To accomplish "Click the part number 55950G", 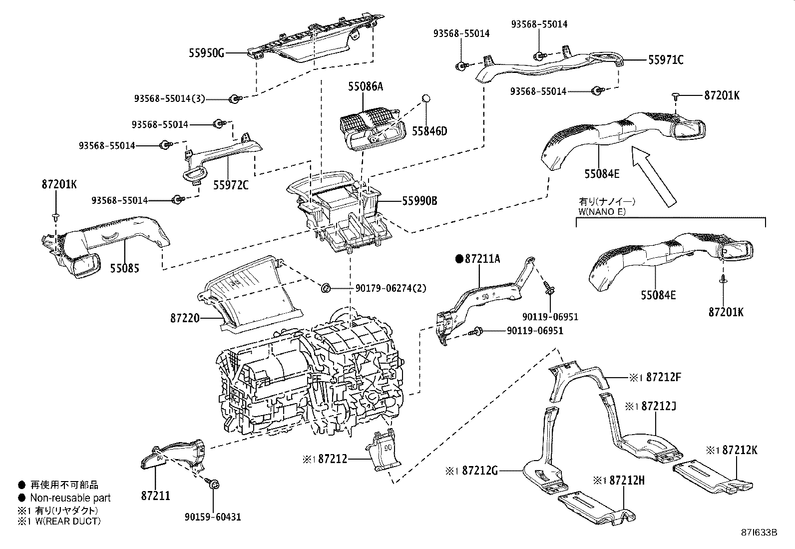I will coord(207,52).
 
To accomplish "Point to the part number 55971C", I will coord(665,60).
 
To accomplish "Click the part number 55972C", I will coord(231,185).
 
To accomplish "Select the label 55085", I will coord(124,268).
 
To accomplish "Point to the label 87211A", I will coord(482,259).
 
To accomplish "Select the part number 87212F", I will coord(663,377).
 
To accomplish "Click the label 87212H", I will coord(627,480).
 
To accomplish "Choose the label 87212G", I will coord(480,470).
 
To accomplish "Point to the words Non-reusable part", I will coord(70,498).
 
